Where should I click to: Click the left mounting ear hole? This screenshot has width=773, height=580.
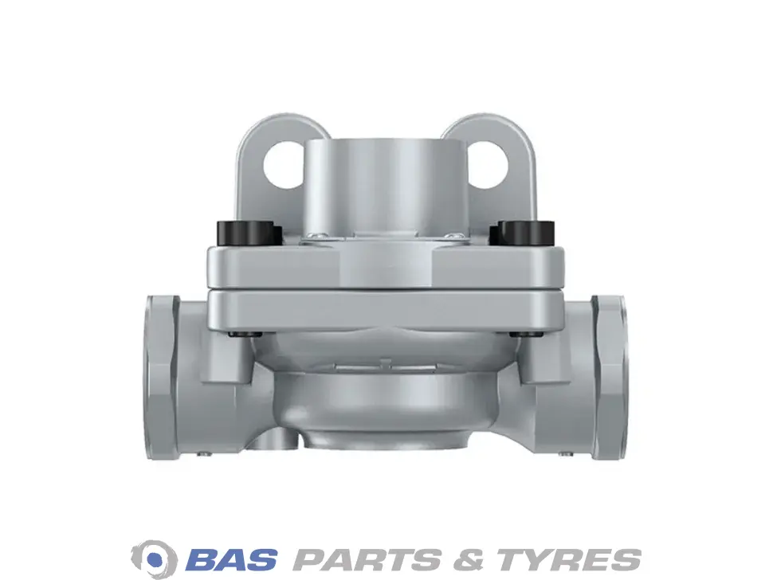(284, 166)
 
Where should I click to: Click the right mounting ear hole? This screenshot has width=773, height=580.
(488, 165)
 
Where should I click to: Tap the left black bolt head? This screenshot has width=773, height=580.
(249, 233)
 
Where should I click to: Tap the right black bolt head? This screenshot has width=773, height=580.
(523, 233)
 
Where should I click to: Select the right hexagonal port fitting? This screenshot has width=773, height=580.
(610, 377)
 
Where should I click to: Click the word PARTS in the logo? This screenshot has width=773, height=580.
(367, 559)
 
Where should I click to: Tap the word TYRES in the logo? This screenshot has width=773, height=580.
(567, 559)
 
